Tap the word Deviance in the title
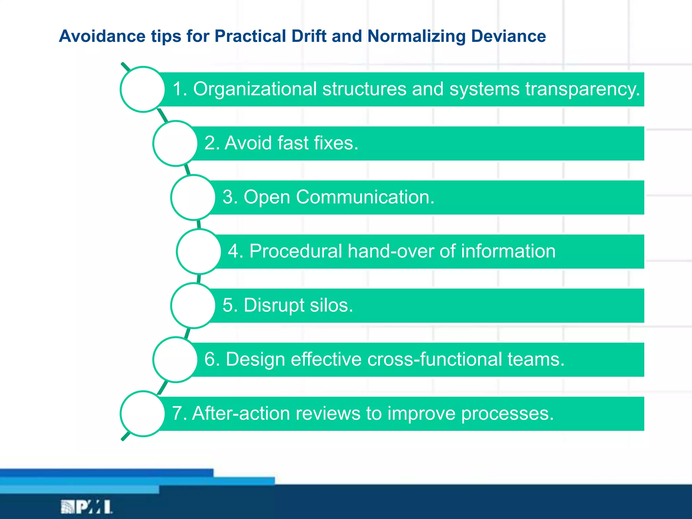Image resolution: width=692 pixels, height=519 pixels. [508, 36]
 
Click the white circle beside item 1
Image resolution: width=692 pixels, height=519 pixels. [143, 89]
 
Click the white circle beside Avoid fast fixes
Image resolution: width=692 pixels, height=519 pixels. [175, 143]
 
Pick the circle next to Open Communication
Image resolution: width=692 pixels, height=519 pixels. [193, 197]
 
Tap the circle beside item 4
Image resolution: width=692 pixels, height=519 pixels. [199, 251]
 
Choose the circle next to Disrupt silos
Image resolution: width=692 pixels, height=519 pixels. [193, 305]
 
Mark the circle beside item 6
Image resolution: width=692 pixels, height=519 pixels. [175, 360]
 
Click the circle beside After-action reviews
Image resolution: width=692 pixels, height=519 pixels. [143, 414]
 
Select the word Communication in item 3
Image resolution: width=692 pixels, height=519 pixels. [365, 197]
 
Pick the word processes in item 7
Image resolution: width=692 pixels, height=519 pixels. [507, 414]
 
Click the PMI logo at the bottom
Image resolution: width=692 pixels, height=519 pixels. [86, 507]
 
